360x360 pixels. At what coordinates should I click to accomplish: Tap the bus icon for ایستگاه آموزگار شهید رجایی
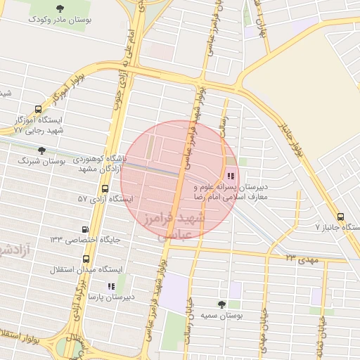tap(37, 108)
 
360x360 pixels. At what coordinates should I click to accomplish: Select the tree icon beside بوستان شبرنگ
tap(41, 150)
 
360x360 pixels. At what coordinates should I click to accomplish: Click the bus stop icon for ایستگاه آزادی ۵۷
tap(105, 188)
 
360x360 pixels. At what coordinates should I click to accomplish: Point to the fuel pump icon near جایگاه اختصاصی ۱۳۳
tap(85, 229)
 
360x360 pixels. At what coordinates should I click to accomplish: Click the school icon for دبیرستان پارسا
tap(110, 286)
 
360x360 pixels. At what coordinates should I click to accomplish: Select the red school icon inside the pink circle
tap(231, 176)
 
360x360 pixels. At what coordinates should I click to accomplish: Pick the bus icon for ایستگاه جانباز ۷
tap(340, 217)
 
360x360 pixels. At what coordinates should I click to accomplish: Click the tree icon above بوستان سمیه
tap(221, 305)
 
